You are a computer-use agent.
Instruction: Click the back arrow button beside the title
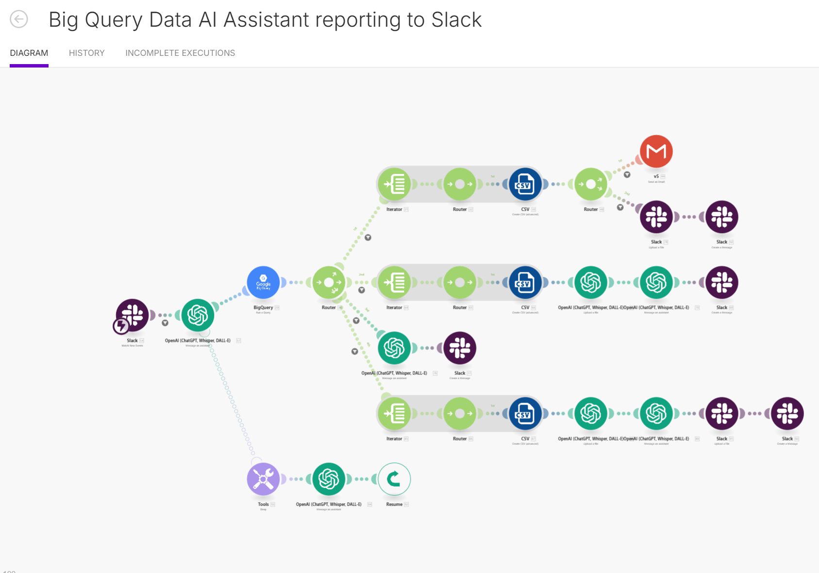pos(19,19)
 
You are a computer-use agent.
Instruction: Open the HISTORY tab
pos(86,53)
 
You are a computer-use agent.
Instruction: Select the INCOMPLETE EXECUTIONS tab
pos(180,53)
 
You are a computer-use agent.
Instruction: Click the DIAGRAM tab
pos(29,53)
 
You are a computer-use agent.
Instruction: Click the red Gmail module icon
pos(656,152)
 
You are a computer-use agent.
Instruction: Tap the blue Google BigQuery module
pos(263,283)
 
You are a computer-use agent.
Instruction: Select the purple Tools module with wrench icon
pos(263,479)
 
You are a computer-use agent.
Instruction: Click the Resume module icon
pos(394,479)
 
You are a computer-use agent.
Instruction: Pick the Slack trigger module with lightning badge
pos(132,315)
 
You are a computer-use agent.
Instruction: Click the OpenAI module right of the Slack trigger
pos(198,315)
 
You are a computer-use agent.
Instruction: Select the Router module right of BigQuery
pos(329,283)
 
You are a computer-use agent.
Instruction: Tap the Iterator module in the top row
pos(394,185)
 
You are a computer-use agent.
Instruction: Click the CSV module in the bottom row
pos(525,414)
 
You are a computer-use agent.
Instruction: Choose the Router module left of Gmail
pos(591,185)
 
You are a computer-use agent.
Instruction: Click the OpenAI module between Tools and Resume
pos(329,479)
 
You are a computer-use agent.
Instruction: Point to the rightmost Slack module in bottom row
pos(787,414)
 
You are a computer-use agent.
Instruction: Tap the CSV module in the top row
pos(525,185)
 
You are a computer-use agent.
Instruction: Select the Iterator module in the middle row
pos(394,283)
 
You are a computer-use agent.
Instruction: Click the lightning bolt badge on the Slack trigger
pos(121,326)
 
